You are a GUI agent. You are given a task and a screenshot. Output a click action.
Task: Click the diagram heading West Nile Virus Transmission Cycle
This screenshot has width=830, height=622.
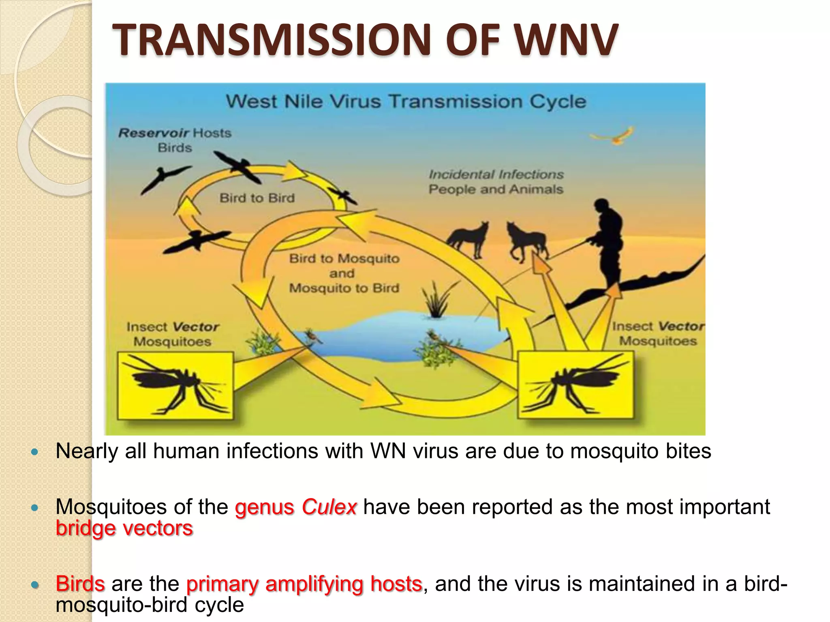(x=406, y=101)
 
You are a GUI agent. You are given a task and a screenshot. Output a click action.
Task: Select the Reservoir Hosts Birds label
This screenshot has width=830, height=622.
(x=175, y=140)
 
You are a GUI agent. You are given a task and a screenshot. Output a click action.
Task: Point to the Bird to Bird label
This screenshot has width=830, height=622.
(x=257, y=198)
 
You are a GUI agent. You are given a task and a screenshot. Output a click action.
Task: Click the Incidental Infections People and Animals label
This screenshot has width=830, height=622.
(x=496, y=182)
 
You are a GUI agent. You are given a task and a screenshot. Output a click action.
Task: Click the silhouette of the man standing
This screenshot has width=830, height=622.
(x=606, y=243)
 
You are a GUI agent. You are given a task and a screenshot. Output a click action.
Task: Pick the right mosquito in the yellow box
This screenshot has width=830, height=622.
(x=575, y=385)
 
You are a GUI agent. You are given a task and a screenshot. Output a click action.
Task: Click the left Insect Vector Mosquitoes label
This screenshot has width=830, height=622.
(x=172, y=334)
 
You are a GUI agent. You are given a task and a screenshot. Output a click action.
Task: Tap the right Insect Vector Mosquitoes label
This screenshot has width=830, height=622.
(x=658, y=333)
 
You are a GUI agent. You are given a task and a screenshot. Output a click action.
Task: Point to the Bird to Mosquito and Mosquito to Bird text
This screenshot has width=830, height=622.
(x=344, y=273)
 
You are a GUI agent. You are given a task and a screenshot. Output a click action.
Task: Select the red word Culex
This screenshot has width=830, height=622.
(x=329, y=507)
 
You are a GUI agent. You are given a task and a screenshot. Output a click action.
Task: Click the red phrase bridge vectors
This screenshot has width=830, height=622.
(x=124, y=528)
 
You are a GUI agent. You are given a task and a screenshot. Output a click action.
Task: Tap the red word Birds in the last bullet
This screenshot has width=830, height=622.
(x=80, y=584)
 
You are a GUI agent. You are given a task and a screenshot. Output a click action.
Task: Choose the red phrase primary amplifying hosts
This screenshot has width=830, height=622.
(x=304, y=584)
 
